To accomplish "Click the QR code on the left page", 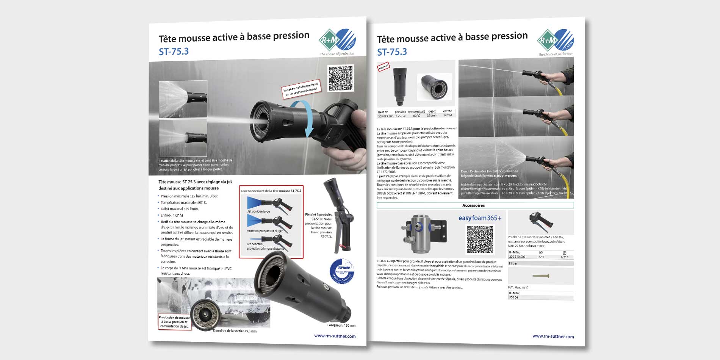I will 341,78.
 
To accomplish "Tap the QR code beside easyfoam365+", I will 480,239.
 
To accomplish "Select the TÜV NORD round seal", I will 342,271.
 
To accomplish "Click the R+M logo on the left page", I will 337,40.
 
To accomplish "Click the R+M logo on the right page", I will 555,40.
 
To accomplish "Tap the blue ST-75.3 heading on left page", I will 174,52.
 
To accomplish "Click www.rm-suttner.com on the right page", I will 553,336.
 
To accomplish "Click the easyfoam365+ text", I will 480,218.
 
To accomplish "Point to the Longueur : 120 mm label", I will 341,325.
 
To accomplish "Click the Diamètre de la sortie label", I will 235,331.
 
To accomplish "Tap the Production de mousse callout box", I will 174,322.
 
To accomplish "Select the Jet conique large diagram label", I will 258,211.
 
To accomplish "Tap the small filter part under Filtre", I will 541,276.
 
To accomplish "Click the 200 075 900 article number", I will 385,116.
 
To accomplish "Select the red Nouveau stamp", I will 383,67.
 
